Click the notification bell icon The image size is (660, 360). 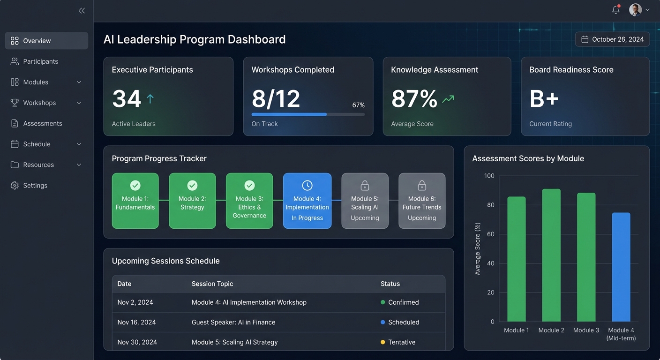[616, 10]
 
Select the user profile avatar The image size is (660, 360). [635, 10]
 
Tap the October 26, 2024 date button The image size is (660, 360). [612, 39]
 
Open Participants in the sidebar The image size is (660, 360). [40, 61]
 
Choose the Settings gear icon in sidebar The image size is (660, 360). [15, 186]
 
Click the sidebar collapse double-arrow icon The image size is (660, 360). [82, 10]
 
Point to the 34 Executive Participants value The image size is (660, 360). [127, 99]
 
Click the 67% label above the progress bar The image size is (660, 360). [358, 105]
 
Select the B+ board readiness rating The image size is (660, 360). [544, 99]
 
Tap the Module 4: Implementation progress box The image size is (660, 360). [307, 201]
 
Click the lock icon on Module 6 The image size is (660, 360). [422, 185]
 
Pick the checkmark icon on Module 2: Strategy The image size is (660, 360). [192, 185]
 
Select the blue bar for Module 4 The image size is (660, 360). [621, 267]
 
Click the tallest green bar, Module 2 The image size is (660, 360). [551, 255]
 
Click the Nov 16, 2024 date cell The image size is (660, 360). [136, 322]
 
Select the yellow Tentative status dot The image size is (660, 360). [383, 342]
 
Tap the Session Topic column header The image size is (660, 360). [212, 284]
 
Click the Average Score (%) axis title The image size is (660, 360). [478, 249]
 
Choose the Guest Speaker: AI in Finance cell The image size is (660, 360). [233, 322]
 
